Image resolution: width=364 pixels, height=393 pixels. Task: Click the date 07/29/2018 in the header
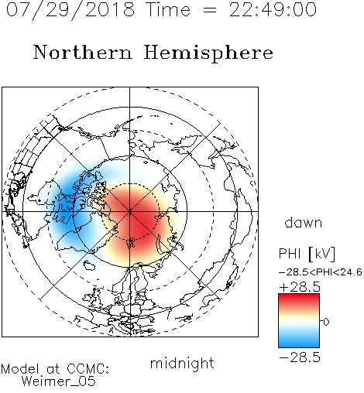click(70, 10)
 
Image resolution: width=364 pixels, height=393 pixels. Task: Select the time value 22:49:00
click(273, 10)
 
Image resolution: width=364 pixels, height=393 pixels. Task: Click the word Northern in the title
click(83, 53)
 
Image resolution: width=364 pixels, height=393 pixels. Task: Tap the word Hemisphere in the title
click(208, 53)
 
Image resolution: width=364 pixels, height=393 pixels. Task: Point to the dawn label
click(303, 223)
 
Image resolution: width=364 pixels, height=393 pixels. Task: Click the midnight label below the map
click(182, 364)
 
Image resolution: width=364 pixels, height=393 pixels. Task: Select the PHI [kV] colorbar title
click(307, 254)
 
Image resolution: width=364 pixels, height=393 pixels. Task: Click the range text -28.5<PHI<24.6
click(321, 272)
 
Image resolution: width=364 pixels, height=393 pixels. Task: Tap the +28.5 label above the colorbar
click(300, 287)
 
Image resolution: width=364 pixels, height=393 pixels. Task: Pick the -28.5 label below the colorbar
click(300, 357)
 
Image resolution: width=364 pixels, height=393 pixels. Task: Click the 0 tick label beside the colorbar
click(326, 322)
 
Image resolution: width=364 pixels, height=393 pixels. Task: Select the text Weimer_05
click(58, 381)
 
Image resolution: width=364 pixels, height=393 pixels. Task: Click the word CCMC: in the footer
click(88, 369)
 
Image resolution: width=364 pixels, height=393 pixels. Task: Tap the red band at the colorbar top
click(299, 299)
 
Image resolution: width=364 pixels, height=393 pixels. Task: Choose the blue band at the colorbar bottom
click(299, 342)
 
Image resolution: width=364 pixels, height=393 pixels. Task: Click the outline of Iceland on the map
click(89, 265)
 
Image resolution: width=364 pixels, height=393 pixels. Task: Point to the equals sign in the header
click(210, 10)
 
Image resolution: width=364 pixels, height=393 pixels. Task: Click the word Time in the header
click(168, 10)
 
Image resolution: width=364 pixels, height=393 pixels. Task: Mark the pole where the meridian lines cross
click(129, 211)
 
